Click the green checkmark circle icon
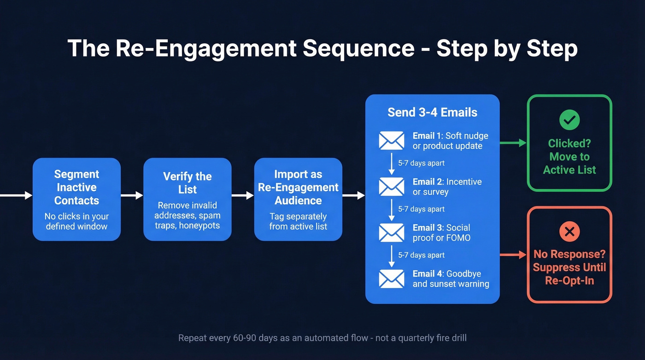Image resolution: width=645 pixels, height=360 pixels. pos(569,120)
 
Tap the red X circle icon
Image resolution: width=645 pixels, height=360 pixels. pos(569,232)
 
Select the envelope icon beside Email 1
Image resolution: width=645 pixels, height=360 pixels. pos(391,141)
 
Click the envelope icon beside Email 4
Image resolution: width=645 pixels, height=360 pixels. pos(391,279)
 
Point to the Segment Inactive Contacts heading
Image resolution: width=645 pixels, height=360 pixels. pos(76,187)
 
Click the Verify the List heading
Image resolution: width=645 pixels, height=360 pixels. pos(188,183)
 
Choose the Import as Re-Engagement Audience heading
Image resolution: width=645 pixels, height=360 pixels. pos(298,187)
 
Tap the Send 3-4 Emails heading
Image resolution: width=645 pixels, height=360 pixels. pos(432,112)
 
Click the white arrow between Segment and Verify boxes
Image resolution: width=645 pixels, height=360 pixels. pos(132,195)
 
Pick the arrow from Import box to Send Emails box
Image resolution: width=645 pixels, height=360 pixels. pos(353,195)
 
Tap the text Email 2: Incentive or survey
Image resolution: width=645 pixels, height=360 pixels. pos(447,187)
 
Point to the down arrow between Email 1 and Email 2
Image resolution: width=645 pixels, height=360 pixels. pos(392,164)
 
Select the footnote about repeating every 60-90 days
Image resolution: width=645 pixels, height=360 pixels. pos(322,338)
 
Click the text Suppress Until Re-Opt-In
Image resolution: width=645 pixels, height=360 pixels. pos(569,274)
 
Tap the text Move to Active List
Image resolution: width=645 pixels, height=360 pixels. pos(569,163)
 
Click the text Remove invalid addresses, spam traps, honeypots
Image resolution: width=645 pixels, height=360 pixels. pos(188,215)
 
